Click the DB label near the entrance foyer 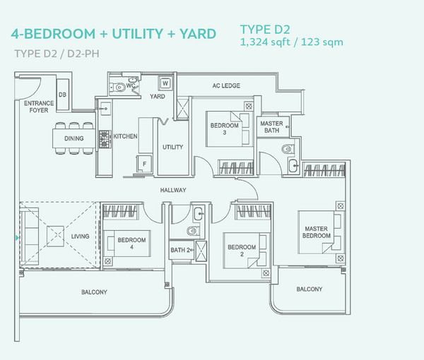point(62,95)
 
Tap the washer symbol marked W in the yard point(165,83)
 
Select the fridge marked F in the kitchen point(144,164)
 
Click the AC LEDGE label point(226,85)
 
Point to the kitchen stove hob point(105,139)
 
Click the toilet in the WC point(117,88)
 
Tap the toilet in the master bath point(288,149)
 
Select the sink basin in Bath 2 point(199,214)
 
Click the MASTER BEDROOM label point(317,232)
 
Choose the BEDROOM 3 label point(225,128)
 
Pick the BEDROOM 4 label point(131,243)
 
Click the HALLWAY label point(173,190)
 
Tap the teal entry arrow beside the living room point(17,238)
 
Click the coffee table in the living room point(55,236)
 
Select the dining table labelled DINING point(73,138)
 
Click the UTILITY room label point(173,148)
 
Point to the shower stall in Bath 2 point(201,251)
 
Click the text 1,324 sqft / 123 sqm point(291,42)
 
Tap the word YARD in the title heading point(198,34)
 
